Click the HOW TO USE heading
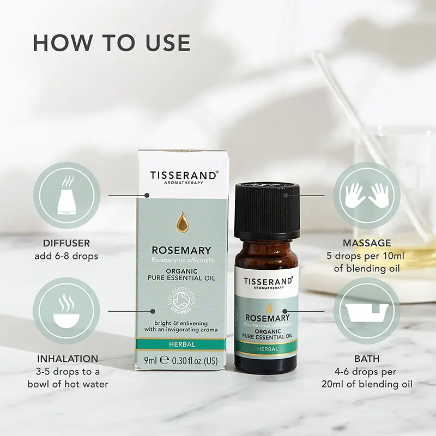coord(112,43)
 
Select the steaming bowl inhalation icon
coord(66,311)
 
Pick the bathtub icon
coord(367,311)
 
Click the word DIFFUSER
coord(67,243)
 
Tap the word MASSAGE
coord(367,243)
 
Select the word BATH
coord(367,359)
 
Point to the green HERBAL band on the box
coord(182,344)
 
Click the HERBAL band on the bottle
coord(266,349)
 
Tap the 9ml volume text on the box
coord(150,360)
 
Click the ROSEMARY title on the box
coord(182,250)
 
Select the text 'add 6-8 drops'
coord(67,256)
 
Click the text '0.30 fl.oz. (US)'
coord(193,360)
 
